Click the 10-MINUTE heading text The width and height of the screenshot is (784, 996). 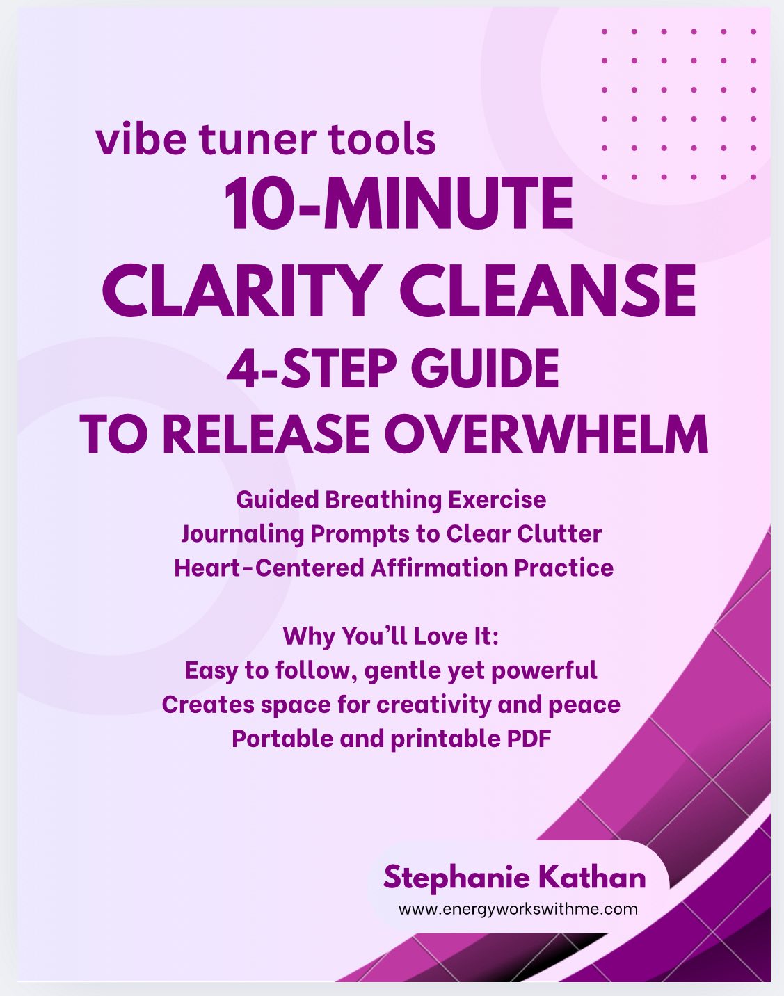click(399, 204)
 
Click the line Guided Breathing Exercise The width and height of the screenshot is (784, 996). click(391, 499)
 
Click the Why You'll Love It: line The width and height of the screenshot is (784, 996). click(391, 636)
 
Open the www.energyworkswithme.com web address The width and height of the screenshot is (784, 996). click(518, 909)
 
